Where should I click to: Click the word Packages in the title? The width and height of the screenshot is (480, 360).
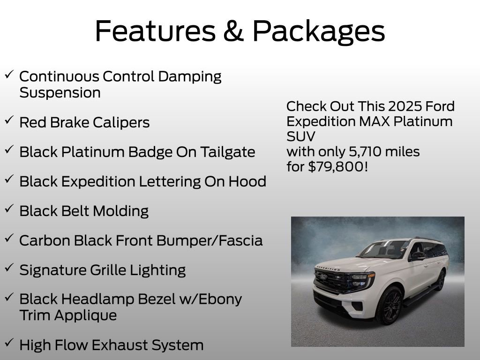tap(319, 32)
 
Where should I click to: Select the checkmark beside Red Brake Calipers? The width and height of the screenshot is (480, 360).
tap(9, 120)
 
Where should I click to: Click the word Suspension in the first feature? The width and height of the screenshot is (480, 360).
tap(60, 93)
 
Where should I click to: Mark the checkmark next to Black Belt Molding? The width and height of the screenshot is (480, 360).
tap(9, 209)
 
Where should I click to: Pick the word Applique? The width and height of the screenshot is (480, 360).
tap(85, 315)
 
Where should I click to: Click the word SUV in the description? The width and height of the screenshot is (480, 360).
tap(300, 136)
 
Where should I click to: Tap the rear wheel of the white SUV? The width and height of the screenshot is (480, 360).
tap(441, 280)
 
